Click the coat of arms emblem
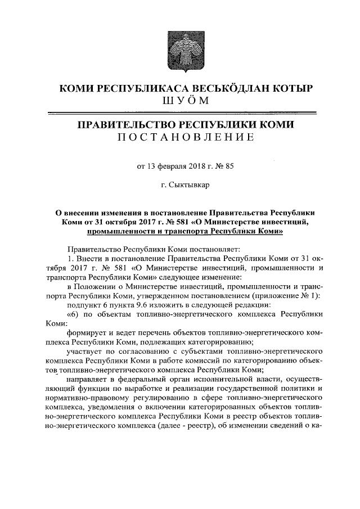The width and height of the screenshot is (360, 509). [x=180, y=50]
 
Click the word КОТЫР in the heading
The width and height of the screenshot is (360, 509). [x=285, y=88]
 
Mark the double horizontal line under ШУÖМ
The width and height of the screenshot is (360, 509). [x=180, y=112]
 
